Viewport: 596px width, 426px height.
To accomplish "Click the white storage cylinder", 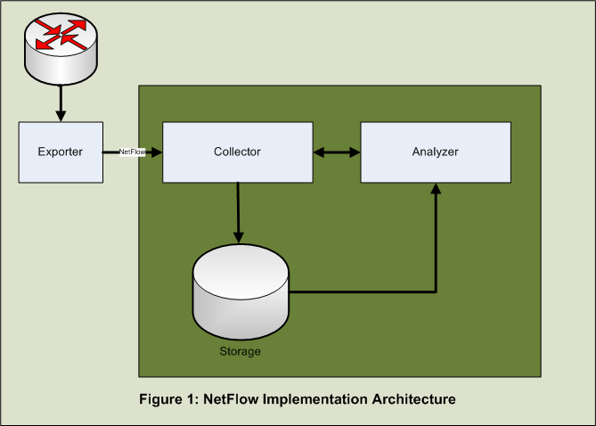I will pos(240,294).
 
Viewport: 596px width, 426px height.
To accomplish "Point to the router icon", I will pos(60,45).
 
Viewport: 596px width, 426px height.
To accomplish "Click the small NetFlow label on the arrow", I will pos(133,152).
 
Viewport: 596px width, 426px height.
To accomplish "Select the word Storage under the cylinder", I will pos(241,351).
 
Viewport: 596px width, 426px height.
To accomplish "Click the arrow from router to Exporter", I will pos(61,102).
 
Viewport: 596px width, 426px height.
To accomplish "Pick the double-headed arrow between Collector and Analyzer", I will pos(336,152).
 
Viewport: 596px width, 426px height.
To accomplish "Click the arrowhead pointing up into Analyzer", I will pos(436,190).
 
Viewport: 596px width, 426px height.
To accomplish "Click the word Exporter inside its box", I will pos(61,152).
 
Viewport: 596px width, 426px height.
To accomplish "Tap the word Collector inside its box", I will pos(237,152).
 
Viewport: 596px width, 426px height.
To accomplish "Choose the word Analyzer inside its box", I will pos(435,152).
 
